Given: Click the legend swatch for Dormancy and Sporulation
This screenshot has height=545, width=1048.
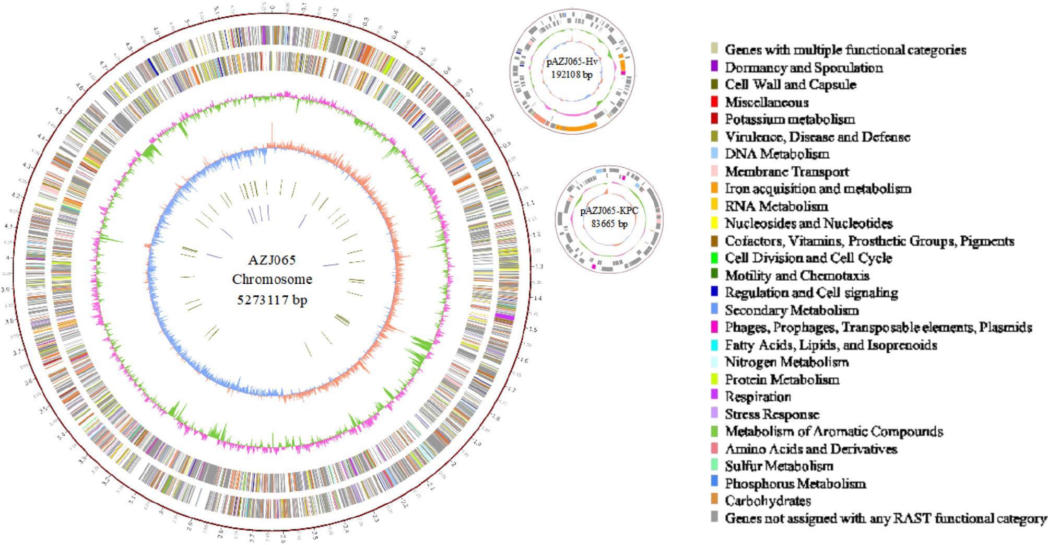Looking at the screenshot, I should pos(714,67).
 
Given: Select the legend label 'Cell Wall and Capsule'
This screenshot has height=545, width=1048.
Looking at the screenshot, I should pos(790,85).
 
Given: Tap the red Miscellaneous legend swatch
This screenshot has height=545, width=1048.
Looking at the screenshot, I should pos(714,102).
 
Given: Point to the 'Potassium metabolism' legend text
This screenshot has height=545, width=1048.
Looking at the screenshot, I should pos(790,119).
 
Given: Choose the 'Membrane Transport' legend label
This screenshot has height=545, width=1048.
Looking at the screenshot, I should pos(786,171).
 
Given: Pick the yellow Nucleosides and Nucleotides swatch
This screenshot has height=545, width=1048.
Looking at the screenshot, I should pos(714,223).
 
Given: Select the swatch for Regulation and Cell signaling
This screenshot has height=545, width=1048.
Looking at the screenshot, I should pos(714,293).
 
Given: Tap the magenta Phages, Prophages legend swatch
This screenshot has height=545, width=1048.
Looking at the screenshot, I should pos(714,327).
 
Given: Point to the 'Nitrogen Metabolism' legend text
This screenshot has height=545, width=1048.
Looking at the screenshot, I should pos(786,362).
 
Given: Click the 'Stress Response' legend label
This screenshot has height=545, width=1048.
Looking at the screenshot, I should pos(772,414).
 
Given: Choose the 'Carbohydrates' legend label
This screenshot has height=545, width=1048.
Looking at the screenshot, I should pos(768,501).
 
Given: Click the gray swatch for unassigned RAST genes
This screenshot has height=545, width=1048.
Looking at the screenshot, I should pos(714,518).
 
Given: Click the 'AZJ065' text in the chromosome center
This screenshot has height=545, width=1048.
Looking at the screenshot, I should pos(272,260).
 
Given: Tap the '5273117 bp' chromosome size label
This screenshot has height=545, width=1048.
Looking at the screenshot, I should pos(272,300).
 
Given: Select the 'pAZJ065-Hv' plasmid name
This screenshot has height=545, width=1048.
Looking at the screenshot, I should pos(572,62).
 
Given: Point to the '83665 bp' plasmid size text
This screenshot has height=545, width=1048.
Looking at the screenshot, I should pos(609,224).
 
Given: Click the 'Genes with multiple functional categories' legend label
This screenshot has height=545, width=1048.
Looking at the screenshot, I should pos(845,50).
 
